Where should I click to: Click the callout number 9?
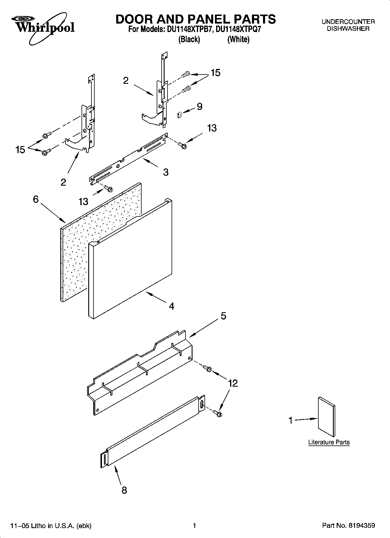point(200,106)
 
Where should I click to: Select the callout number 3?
point(166,172)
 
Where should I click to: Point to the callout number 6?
point(36,199)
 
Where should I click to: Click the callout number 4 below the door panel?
point(172,306)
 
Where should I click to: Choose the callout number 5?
point(223,316)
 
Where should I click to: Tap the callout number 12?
point(233,383)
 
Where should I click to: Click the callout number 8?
point(124,490)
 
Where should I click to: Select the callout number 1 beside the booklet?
point(290,420)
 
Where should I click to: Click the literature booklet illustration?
point(327,416)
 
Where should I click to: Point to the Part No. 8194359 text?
point(348,525)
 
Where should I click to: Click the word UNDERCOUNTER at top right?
point(348,22)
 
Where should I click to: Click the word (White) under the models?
point(238,39)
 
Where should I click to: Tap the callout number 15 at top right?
point(216,73)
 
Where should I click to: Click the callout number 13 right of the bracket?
point(212,128)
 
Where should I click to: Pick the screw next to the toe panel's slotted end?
point(217,413)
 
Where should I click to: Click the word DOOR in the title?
point(136,19)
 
